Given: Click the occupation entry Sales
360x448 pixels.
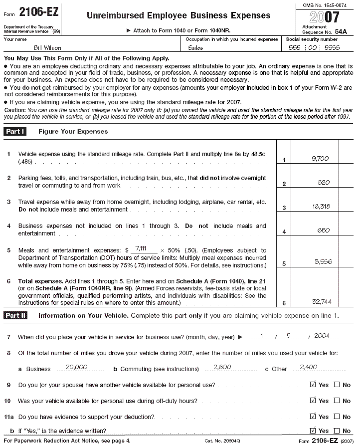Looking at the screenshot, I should point(196,48).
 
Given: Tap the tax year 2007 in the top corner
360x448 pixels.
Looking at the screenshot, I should point(325,17).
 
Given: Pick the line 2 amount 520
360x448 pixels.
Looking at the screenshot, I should point(324,183).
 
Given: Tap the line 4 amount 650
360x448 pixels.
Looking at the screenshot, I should point(324,230).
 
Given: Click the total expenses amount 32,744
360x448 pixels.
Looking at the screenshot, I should point(322,302).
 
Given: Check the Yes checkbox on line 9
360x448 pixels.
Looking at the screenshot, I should point(313,385).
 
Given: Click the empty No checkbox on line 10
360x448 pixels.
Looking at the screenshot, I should point(337,401).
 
